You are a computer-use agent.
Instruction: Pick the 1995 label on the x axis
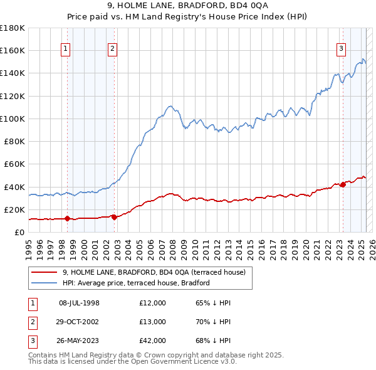(x=29, y=246)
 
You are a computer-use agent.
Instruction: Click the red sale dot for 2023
(x=343, y=184)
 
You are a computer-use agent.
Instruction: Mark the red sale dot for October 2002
(x=114, y=217)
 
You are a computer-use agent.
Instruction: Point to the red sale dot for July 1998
(x=67, y=218)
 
